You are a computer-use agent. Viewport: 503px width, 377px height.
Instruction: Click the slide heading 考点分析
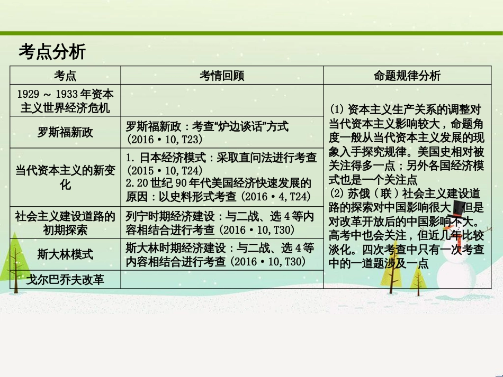coord(52,52)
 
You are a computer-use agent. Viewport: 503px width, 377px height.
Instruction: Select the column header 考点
coord(65,76)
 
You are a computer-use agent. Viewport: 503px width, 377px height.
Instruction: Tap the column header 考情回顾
coord(222,76)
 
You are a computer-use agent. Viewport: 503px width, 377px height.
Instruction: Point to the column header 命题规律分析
coord(407,76)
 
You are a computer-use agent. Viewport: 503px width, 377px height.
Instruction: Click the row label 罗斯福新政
coord(65,132)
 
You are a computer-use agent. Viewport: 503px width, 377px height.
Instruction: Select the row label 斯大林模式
coord(65,254)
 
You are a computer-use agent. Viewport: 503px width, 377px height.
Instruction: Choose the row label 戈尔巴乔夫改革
coord(65,279)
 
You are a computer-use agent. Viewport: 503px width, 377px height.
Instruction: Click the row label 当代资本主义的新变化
coord(65,178)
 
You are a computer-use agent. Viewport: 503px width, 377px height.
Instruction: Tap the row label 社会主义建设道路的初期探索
coord(65,223)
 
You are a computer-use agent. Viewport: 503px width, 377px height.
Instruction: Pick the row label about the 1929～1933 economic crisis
coord(65,101)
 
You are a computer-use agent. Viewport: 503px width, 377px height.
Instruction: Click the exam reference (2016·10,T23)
coord(165,139)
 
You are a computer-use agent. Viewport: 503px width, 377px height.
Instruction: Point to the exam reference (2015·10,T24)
coord(165,171)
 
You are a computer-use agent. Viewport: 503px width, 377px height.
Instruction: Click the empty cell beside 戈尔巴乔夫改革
coord(222,279)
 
